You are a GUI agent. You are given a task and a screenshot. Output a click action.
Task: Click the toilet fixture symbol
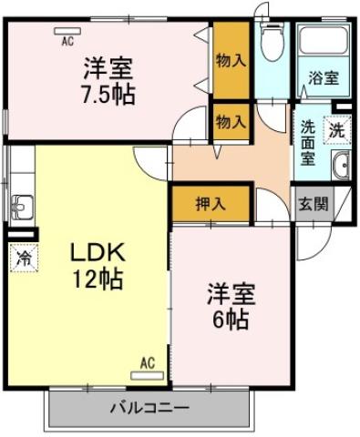pyautogui.click(x=273, y=42)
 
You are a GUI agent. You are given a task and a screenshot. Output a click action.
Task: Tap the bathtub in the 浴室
pyautogui.click(x=324, y=40)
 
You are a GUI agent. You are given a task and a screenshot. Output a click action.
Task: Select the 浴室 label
pyautogui.click(x=324, y=78)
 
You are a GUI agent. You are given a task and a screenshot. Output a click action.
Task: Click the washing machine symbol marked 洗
pyautogui.click(x=337, y=130)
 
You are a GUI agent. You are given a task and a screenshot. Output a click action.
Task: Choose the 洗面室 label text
pyautogui.click(x=308, y=143)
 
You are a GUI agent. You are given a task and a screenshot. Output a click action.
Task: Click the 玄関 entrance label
pyautogui.click(x=314, y=205)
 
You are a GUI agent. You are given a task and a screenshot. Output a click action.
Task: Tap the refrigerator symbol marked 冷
pyautogui.click(x=24, y=258)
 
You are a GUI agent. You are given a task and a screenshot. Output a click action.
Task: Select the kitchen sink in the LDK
pyautogui.click(x=22, y=207)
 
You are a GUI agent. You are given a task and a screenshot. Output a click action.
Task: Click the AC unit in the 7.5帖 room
pyautogui.click(x=67, y=31)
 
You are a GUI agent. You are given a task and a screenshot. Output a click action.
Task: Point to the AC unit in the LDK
pyautogui.click(x=147, y=375)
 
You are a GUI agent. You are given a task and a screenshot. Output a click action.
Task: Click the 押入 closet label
pyautogui.click(x=211, y=204)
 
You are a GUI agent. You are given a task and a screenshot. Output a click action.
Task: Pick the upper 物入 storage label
pyautogui.click(x=231, y=60)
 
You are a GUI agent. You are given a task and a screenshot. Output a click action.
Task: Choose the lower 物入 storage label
pyautogui.click(x=231, y=123)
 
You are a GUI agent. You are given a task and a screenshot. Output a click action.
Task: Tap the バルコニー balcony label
pyautogui.click(x=149, y=408)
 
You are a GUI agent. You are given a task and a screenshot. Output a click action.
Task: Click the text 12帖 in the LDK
pyautogui.click(x=98, y=279)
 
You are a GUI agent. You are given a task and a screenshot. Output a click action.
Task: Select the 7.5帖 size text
pyautogui.click(x=108, y=94)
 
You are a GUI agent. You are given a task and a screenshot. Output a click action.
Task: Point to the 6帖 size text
pyautogui.click(x=231, y=319)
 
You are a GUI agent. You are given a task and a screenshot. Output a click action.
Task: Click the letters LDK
pyautogui.click(x=98, y=252)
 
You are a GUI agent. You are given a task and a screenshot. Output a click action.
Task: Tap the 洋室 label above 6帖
pyautogui.click(x=231, y=293)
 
